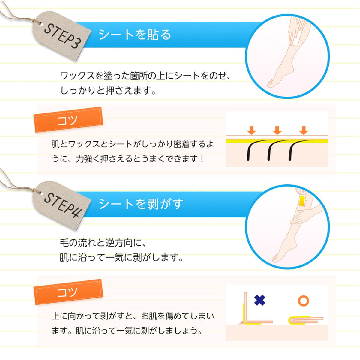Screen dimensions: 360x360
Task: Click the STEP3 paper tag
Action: (62, 35)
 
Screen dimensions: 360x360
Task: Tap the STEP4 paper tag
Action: (62, 205)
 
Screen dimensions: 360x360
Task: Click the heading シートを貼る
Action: (135, 34)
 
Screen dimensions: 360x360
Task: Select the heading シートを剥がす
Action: (141, 204)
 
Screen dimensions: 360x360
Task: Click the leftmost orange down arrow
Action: (251, 130)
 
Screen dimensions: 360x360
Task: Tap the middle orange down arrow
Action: (277, 130)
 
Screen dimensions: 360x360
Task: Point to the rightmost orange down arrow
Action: (303, 130)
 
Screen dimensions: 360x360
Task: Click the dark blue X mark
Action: (260, 300)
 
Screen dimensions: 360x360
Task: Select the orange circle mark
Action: (303, 301)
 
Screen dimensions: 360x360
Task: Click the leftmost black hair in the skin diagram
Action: (251, 151)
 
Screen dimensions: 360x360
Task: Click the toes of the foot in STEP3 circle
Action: (270, 84)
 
